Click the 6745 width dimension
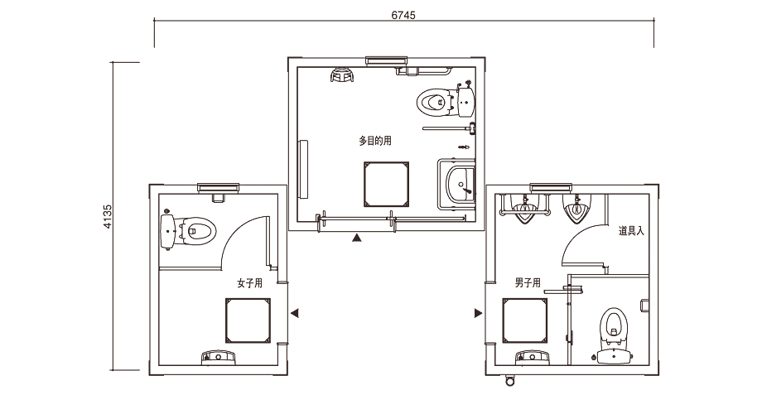403,15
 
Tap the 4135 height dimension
108,217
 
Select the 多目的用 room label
374,142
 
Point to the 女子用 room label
249,283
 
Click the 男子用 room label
527,283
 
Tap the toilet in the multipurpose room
434,103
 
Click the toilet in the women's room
196,229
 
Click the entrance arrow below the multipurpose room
357,238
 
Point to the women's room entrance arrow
295,313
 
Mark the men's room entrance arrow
478,313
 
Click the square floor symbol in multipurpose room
386,183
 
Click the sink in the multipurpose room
458,183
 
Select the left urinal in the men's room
524,209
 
